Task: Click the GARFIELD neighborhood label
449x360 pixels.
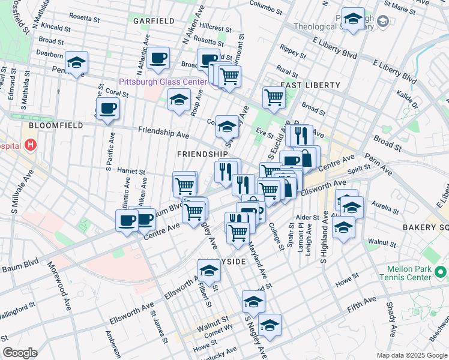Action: pyautogui.click(x=154, y=20)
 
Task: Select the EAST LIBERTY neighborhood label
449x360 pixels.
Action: pyautogui.click(x=310, y=85)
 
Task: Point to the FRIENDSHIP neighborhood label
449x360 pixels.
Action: pyautogui.click(x=202, y=154)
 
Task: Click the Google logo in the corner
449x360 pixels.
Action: pyautogui.click(x=20, y=353)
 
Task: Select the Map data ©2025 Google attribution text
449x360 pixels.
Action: pyautogui.click(x=411, y=355)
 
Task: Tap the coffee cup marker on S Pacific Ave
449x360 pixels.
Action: pyautogui.click(x=108, y=109)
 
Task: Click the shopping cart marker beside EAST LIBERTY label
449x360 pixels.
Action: pyautogui.click(x=274, y=97)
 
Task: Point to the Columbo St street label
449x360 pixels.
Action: pyautogui.click(x=265, y=8)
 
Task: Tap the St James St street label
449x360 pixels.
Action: pyautogui.click(x=158, y=327)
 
